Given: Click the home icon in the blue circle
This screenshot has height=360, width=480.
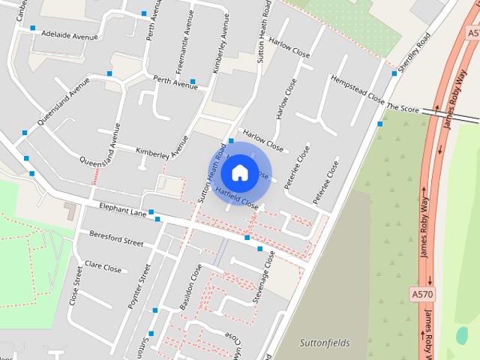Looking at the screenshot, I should pyautogui.click(x=239, y=172).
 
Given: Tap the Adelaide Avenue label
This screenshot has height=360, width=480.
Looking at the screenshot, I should pyautogui.click(x=70, y=35).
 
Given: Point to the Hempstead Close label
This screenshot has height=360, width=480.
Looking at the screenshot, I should pyautogui.click(x=357, y=90).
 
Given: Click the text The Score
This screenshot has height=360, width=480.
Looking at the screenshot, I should pyautogui.click(x=402, y=109).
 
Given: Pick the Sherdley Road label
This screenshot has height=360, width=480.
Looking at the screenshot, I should pyautogui.click(x=415, y=52).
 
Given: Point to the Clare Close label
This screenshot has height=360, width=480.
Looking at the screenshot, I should pyautogui.click(x=103, y=266).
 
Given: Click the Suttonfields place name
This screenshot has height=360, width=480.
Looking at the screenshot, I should pyautogui.click(x=325, y=343).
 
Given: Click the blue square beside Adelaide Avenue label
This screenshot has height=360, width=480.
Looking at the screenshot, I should pyautogui.click(x=33, y=28).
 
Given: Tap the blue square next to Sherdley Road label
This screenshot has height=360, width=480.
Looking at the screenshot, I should pyautogui.click(x=394, y=73).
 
